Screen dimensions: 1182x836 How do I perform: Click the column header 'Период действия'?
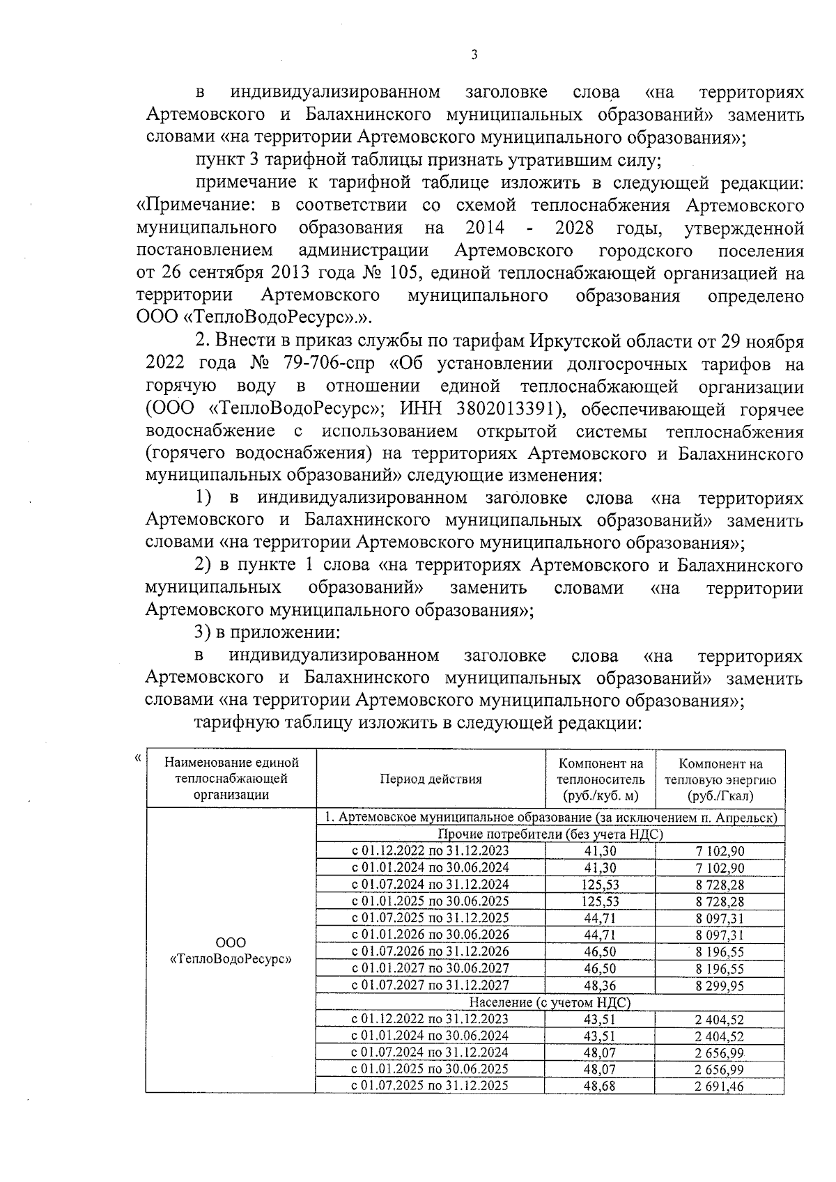point(430,779)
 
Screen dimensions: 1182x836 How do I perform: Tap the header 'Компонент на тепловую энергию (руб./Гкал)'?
point(720,779)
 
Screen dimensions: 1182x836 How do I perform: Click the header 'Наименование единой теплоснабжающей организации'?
point(231,779)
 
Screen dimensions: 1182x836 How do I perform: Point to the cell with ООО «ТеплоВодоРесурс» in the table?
point(231,951)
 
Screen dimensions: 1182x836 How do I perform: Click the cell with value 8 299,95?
point(719,985)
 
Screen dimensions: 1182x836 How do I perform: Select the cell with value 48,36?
point(599,985)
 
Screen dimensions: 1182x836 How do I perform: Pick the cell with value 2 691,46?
point(719,1086)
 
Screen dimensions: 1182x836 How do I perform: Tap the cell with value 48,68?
point(599,1086)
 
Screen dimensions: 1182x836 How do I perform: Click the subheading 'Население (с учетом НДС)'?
point(550,1002)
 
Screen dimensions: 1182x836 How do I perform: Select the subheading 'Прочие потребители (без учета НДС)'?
point(550,834)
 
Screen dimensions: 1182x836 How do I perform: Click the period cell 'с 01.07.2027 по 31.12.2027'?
point(430,985)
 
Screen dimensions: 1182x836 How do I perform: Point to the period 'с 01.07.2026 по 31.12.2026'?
point(430,951)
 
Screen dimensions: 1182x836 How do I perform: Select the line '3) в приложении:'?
point(266,633)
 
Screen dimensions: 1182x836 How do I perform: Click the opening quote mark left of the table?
point(138,757)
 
